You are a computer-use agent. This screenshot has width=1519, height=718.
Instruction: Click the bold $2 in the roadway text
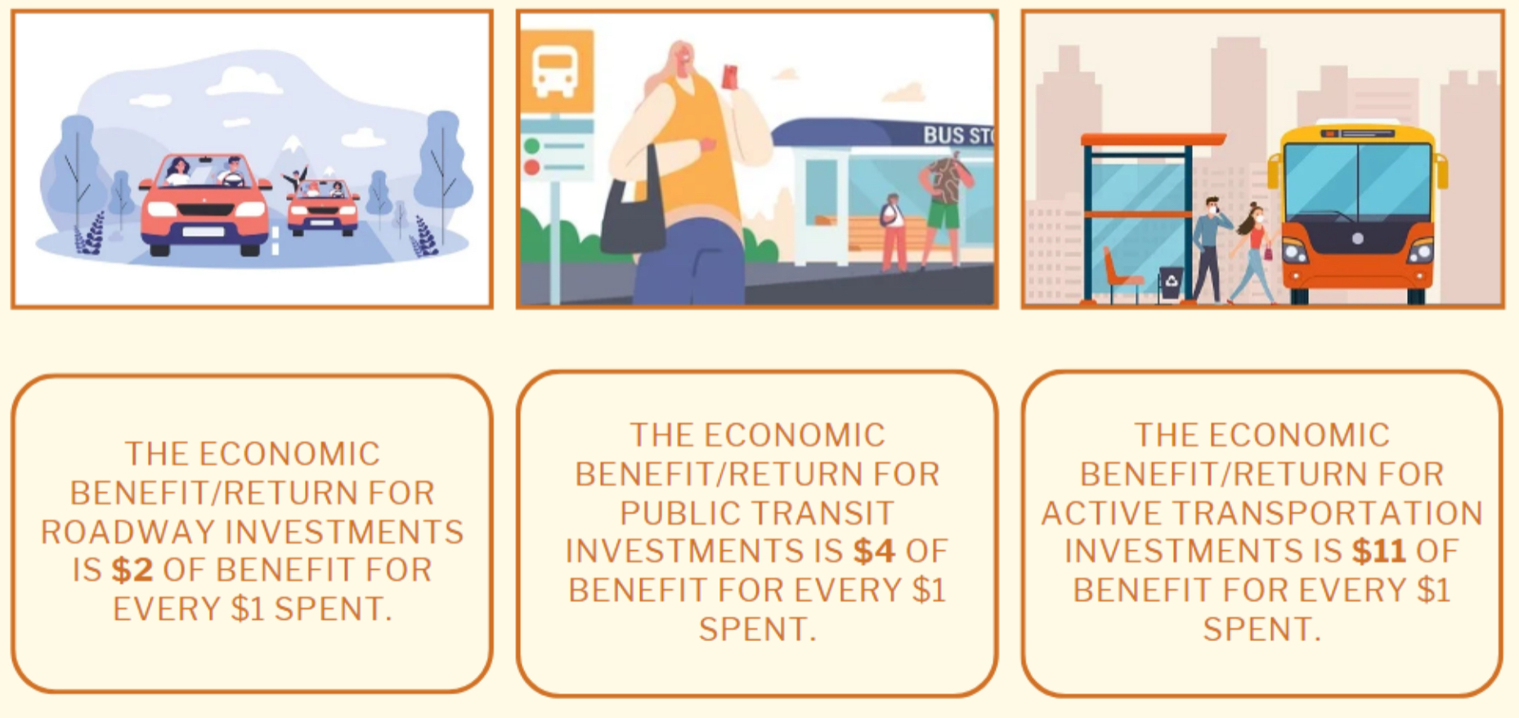[132, 570]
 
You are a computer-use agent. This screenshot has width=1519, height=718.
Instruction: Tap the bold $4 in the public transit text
[874, 551]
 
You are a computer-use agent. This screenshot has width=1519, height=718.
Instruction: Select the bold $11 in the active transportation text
[1378, 551]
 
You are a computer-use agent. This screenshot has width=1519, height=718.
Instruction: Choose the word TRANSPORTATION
[1328, 513]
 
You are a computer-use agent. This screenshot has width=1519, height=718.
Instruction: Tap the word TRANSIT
[829, 513]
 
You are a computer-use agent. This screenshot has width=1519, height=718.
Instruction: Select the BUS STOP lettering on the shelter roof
[957, 135]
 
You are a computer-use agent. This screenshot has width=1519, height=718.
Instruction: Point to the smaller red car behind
[323, 206]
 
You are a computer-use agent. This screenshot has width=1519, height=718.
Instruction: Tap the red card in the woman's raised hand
[730, 77]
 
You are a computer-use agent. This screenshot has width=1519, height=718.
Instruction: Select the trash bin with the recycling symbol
[1171, 285]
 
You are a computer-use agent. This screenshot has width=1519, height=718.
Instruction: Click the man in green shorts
[943, 209]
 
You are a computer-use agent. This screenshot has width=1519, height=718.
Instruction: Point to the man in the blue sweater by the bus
[1208, 249]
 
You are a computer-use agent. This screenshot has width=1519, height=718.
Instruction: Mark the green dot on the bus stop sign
[532, 146]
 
